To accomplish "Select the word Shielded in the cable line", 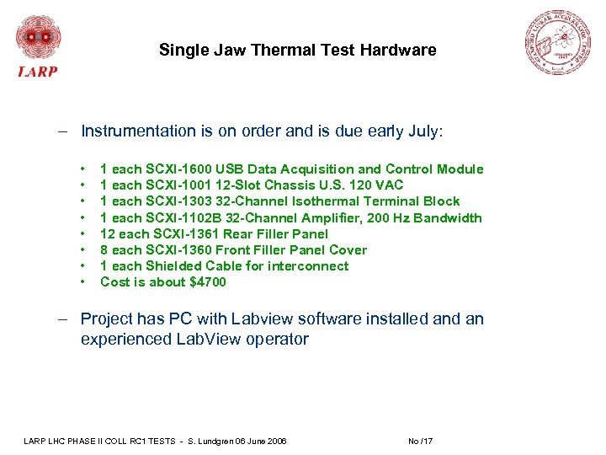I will pyautogui.click(x=175, y=266).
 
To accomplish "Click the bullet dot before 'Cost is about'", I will pyautogui.click(x=84, y=282).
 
